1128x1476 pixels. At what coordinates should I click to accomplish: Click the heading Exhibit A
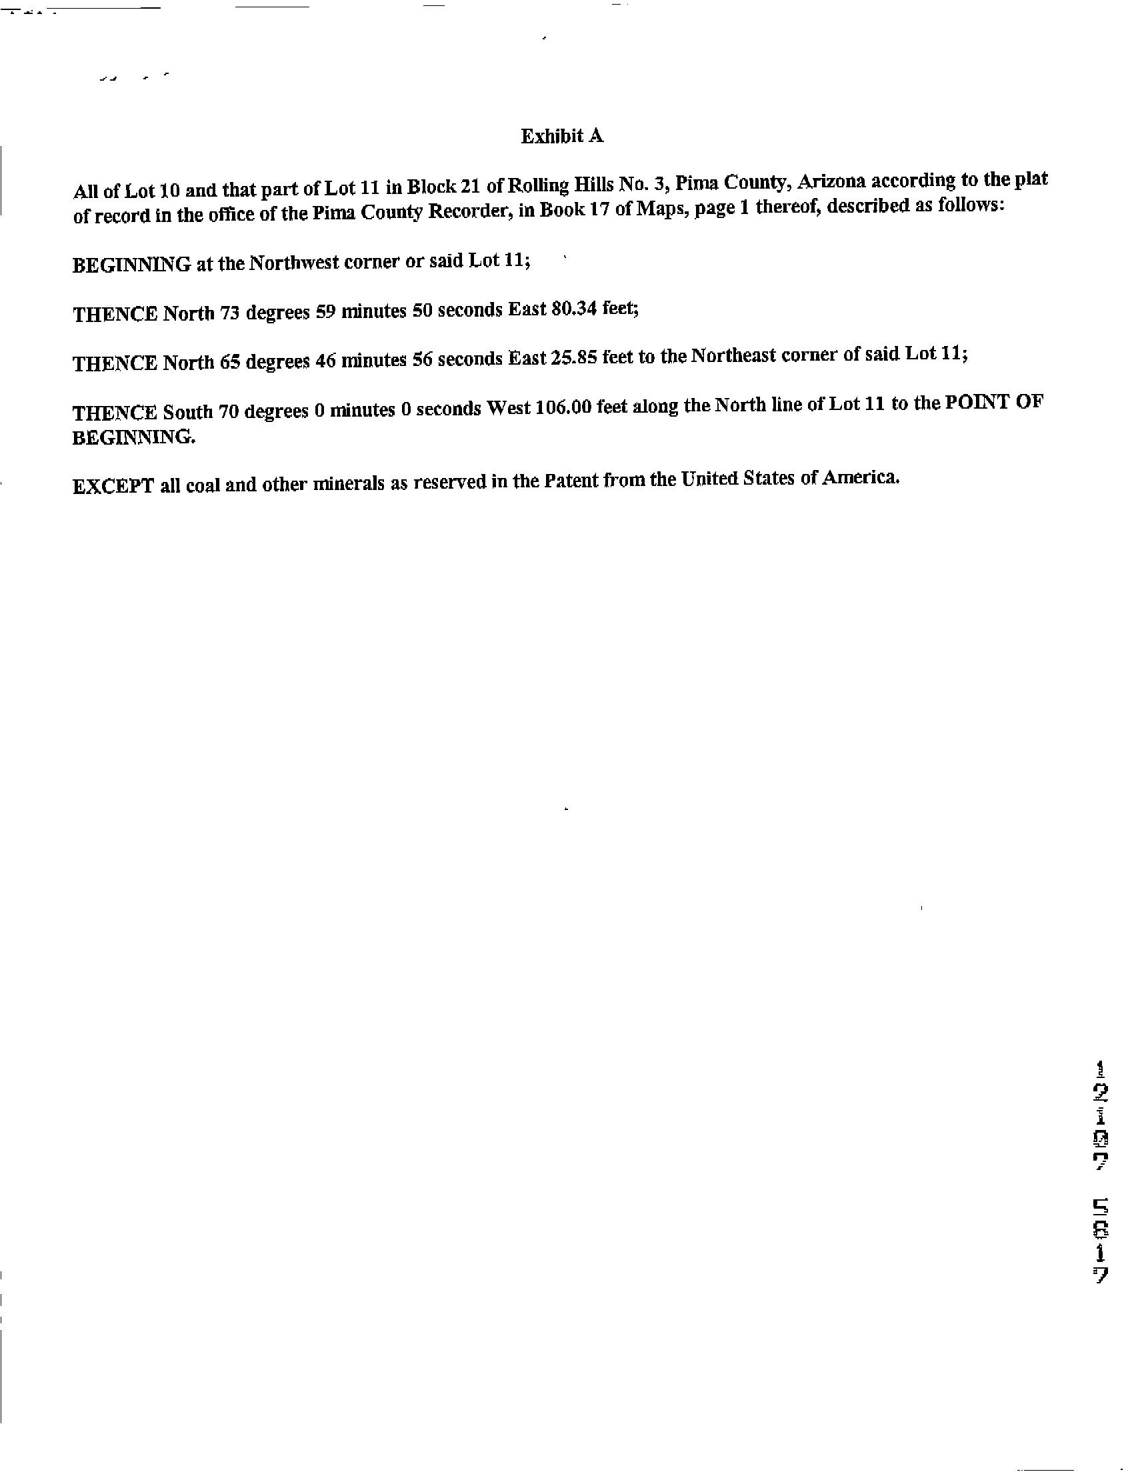click(562, 136)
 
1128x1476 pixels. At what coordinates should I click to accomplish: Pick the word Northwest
click(294, 263)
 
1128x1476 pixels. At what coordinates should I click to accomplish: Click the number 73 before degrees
click(229, 313)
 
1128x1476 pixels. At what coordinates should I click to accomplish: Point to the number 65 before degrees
click(229, 362)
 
